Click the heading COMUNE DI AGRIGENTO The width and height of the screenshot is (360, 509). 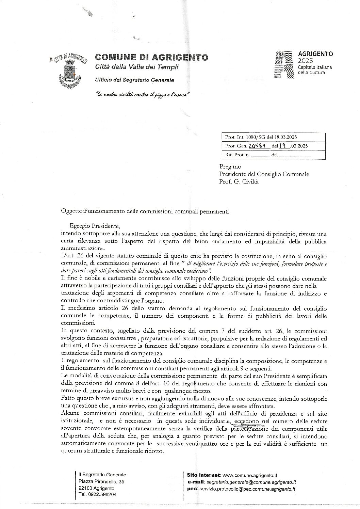[x=151, y=57]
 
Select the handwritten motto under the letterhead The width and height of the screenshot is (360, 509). [x=142, y=94]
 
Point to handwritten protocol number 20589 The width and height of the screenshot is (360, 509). [x=257, y=146]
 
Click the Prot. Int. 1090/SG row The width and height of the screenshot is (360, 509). [x=261, y=137]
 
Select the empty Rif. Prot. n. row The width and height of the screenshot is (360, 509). [x=268, y=155]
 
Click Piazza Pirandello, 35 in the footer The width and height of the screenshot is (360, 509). [x=101, y=481]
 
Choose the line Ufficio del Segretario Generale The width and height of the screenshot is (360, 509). [x=134, y=80]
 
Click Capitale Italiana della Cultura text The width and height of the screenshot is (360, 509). [x=315, y=70]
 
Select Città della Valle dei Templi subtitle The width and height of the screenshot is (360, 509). [x=136, y=67]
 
